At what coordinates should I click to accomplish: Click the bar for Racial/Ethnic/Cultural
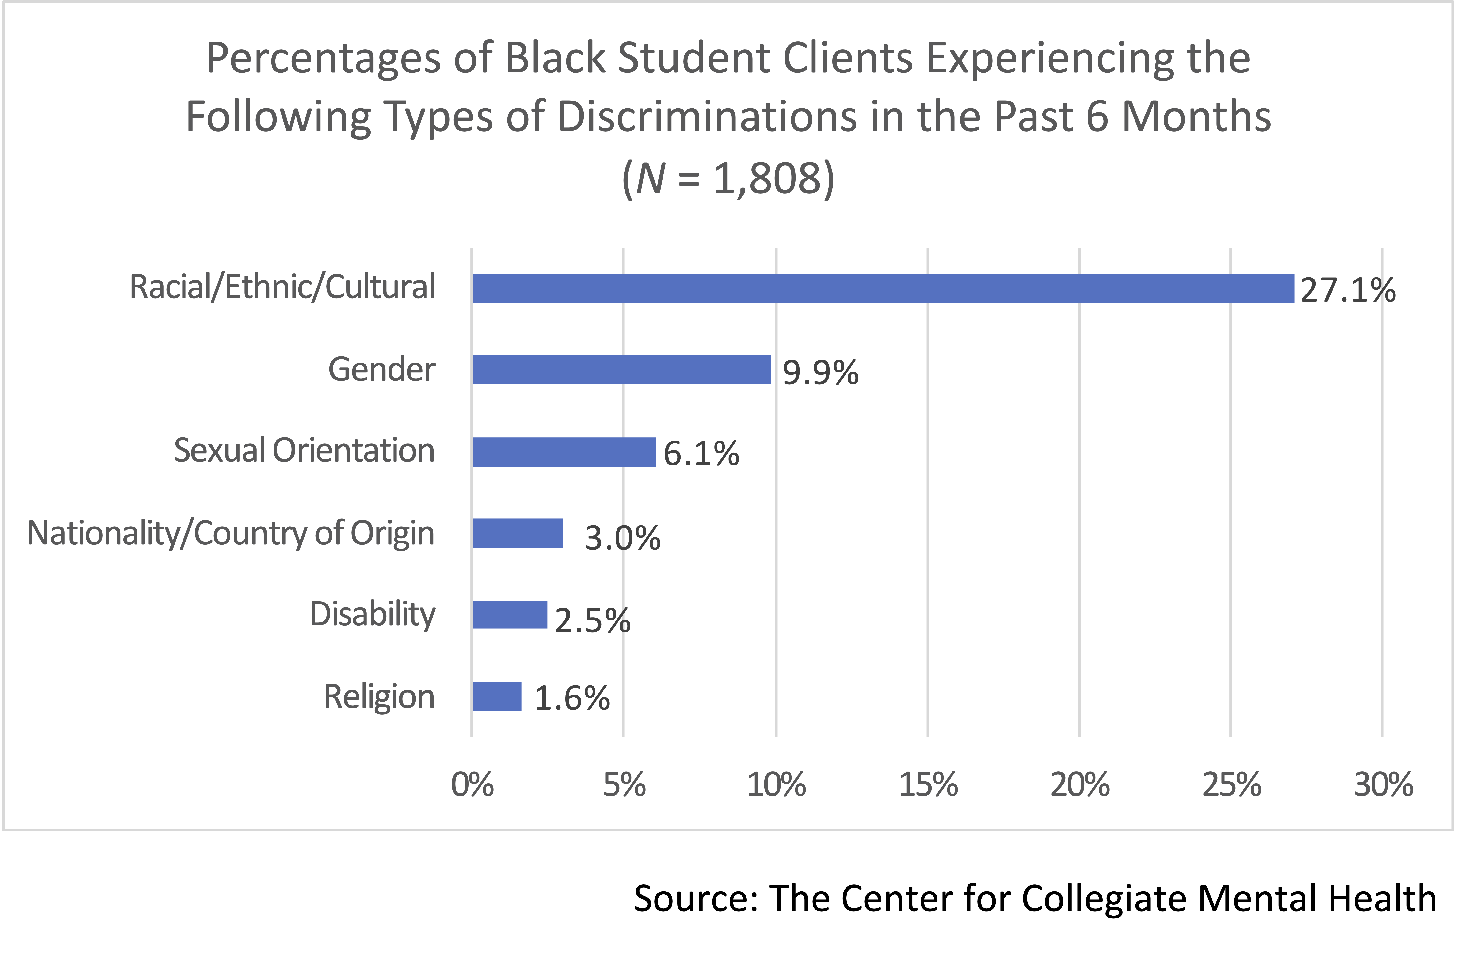click(883, 288)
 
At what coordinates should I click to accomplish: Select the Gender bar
click(621, 370)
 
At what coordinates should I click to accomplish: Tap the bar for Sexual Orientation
click(564, 452)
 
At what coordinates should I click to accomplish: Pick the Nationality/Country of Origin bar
click(518, 533)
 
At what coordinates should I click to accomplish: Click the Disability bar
click(510, 615)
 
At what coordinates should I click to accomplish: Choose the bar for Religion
click(497, 697)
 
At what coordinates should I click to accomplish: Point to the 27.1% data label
click(1348, 290)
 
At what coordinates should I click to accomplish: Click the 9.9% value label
click(821, 372)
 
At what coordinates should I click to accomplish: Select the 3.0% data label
click(622, 538)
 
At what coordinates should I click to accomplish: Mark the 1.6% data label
click(572, 698)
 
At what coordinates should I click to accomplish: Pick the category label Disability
click(373, 614)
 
